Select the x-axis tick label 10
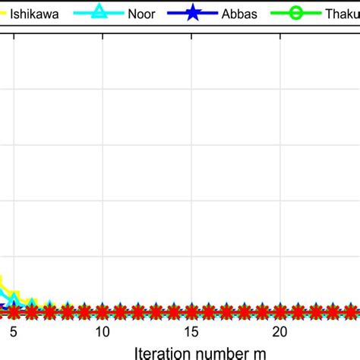click(x=103, y=332)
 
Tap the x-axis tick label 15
click(x=191, y=332)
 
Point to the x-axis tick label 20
click(x=280, y=332)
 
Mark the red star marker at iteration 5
click(x=14, y=310)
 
